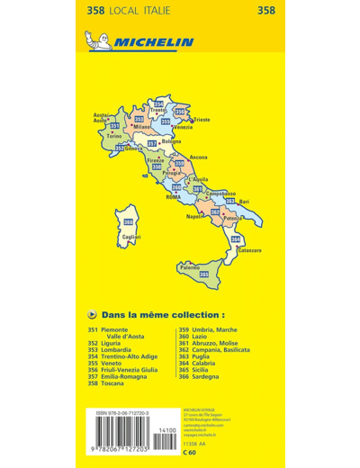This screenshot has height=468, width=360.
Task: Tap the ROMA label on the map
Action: click(174, 196)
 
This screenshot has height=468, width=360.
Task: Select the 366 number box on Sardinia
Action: click(129, 222)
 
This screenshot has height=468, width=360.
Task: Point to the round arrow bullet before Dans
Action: click(94, 316)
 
